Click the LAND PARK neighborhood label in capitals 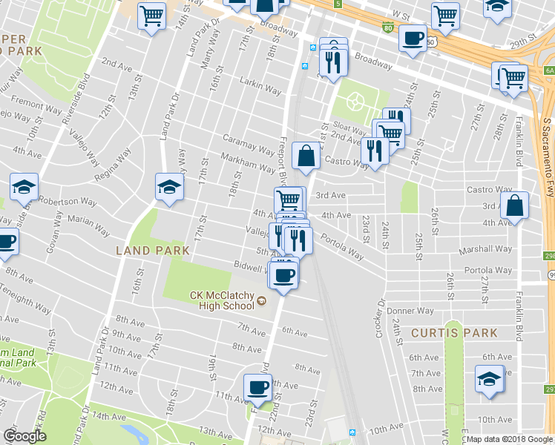click(153, 251)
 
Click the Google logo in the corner click(24, 436)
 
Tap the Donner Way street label click(415, 311)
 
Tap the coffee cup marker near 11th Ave click(258, 386)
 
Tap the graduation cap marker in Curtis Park click(489, 379)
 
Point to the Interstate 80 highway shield click(387, 28)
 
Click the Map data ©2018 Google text click(508, 438)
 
